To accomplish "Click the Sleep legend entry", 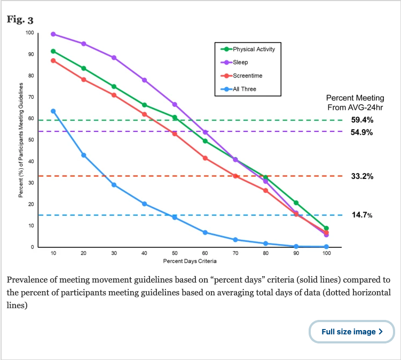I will (x=240, y=62).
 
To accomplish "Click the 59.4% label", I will (x=361, y=120).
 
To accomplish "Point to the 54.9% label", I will (x=361, y=132).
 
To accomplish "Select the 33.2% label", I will (x=361, y=176).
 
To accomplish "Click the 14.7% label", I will (x=361, y=215).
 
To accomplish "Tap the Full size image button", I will (x=352, y=332).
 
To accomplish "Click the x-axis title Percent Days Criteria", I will (x=190, y=261).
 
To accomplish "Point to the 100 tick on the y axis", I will (x=29, y=33).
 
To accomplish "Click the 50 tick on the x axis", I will (x=175, y=253).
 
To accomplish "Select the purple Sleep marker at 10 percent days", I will (x=53, y=34).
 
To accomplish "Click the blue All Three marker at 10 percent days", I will (x=53, y=111).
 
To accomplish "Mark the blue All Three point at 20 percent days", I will (x=84, y=155).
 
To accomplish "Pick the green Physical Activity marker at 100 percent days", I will (x=326, y=228).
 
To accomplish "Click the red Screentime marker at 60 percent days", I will (x=205, y=158).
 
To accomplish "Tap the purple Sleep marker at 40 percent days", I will (x=144, y=80).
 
